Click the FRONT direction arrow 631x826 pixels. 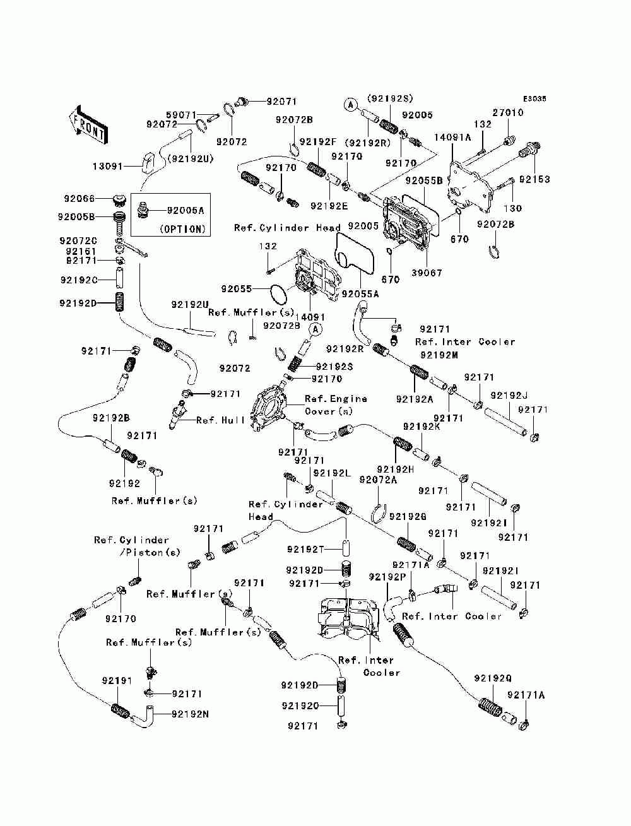pos(88,124)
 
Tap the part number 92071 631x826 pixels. pos(281,101)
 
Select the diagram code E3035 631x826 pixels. pos(534,99)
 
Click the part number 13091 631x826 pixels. pos(108,166)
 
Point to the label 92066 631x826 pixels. pos(79,198)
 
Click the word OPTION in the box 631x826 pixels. pos(183,229)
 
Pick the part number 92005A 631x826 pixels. pos(186,210)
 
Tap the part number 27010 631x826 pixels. pos(508,112)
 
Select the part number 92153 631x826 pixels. pos(534,179)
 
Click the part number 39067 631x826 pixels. pos(427,273)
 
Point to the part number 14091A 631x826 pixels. pos(452,138)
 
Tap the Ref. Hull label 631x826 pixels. pos(220,420)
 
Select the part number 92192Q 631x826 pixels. pos(493,678)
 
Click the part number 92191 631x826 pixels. pos(117,680)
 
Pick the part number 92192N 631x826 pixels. pos(190,714)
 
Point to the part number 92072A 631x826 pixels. pos(378,480)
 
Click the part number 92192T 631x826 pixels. pos(305,550)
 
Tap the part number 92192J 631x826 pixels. pos(509,396)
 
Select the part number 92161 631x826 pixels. pos(81,251)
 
